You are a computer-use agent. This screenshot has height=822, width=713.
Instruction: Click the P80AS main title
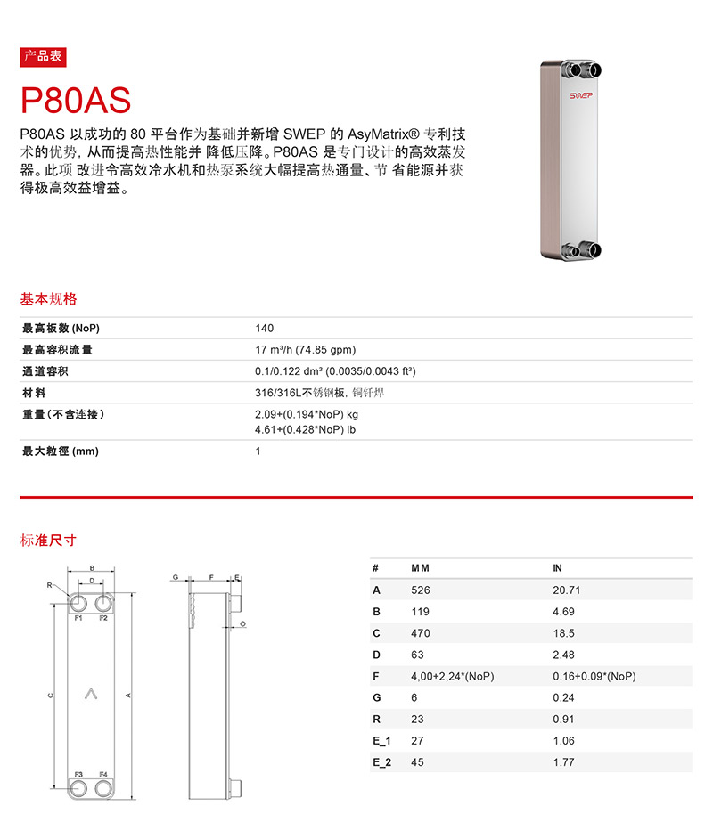(x=77, y=99)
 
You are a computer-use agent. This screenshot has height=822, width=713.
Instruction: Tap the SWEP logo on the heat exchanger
(x=582, y=93)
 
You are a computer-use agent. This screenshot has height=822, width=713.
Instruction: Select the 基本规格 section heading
(x=49, y=299)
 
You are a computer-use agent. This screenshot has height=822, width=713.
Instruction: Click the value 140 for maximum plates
(x=264, y=329)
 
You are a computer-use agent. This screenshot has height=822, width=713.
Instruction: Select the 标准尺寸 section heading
(x=49, y=540)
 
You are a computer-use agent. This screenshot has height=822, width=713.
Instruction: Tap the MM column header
(x=420, y=568)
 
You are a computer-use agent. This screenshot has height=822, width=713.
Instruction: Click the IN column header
(x=559, y=568)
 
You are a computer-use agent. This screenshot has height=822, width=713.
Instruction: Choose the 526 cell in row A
(x=420, y=590)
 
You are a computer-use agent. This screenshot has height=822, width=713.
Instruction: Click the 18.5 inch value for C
(x=563, y=633)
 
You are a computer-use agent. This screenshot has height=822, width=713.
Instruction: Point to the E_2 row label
(x=381, y=762)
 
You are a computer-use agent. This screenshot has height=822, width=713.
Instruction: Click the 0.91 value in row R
(x=563, y=719)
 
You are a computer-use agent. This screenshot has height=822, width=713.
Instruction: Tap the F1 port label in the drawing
(x=78, y=617)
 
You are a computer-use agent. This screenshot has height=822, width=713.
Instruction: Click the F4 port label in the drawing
(x=103, y=774)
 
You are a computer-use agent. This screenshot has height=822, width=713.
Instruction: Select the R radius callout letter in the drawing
(x=50, y=585)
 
